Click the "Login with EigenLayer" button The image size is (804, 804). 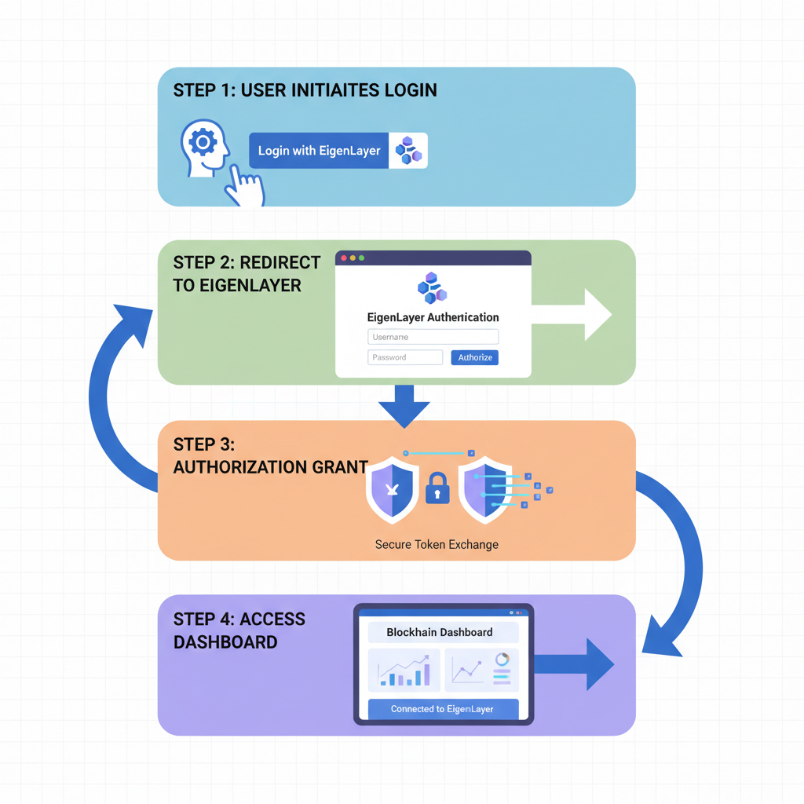tap(319, 150)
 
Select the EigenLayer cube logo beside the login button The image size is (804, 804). tap(408, 150)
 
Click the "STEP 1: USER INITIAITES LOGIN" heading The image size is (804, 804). tap(305, 90)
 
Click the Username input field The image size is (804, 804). tap(433, 337)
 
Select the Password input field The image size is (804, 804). tap(405, 357)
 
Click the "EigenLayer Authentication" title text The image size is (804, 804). tap(433, 317)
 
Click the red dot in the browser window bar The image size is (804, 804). tap(344, 258)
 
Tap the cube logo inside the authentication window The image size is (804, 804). tap(432, 288)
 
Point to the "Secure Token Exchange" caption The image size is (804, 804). tap(437, 544)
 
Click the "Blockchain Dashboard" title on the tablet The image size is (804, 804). tap(440, 632)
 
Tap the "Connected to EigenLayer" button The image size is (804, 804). tap(443, 709)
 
